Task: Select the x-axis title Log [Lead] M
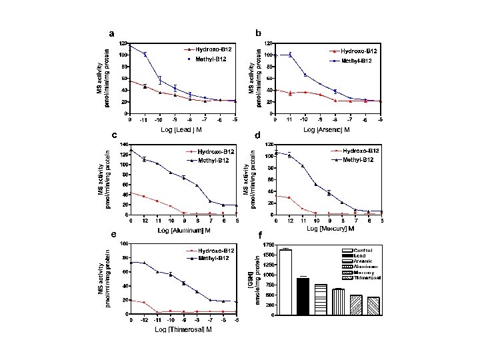tap(181, 129)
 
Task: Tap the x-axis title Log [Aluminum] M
tap(184, 230)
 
